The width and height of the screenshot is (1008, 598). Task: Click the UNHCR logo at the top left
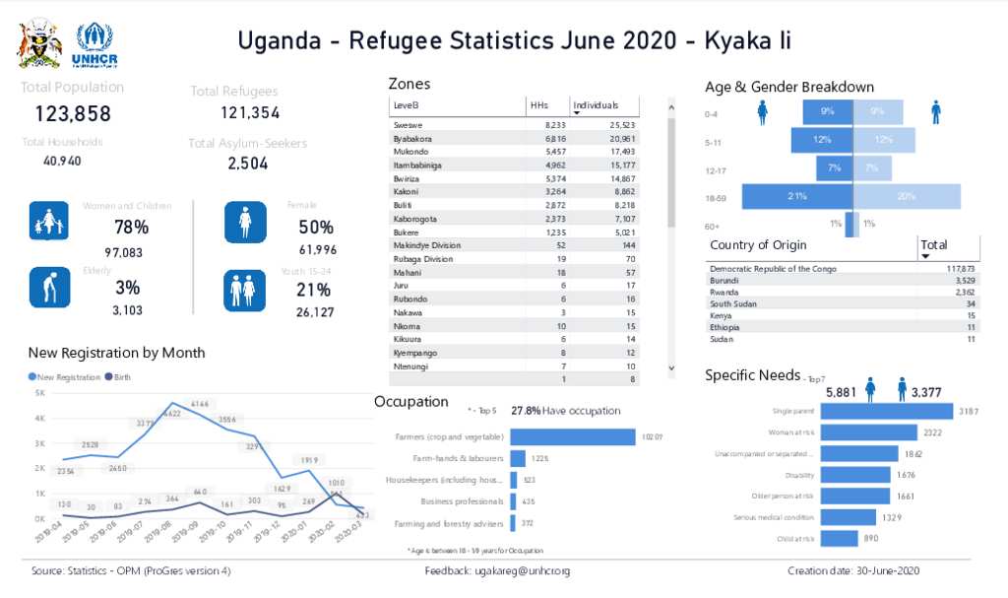coord(95,45)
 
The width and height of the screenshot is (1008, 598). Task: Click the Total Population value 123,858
coord(73,113)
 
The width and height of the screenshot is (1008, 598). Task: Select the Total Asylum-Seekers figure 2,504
coord(248,164)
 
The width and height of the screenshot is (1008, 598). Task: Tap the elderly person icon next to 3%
coord(48,288)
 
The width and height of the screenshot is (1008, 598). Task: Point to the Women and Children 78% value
coord(131,228)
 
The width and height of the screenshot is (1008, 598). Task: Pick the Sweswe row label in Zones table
coord(408,126)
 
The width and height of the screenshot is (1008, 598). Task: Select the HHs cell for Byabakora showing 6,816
coord(554,139)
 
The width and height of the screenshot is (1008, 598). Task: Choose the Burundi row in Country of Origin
coord(724,281)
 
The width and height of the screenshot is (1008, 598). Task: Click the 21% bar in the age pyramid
coord(797,196)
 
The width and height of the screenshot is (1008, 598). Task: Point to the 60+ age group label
coord(712,226)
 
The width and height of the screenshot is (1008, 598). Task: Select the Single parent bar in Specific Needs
coord(886,411)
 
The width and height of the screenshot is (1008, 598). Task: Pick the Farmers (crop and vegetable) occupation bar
coord(572,436)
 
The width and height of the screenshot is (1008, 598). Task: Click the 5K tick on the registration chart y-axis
coord(39,393)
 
